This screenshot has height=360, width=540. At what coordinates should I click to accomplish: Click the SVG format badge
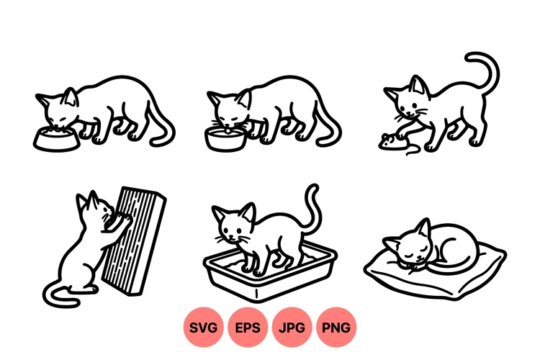204,328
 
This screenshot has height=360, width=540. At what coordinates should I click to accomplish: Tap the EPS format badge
248,328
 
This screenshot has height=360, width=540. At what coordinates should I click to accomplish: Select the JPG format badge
292,328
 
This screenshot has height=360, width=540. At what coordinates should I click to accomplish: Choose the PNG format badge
336,328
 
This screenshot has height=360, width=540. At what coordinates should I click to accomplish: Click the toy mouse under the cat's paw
389,141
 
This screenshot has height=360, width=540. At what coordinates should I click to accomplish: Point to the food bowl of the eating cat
55,139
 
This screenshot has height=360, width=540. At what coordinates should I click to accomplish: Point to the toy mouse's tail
411,150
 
